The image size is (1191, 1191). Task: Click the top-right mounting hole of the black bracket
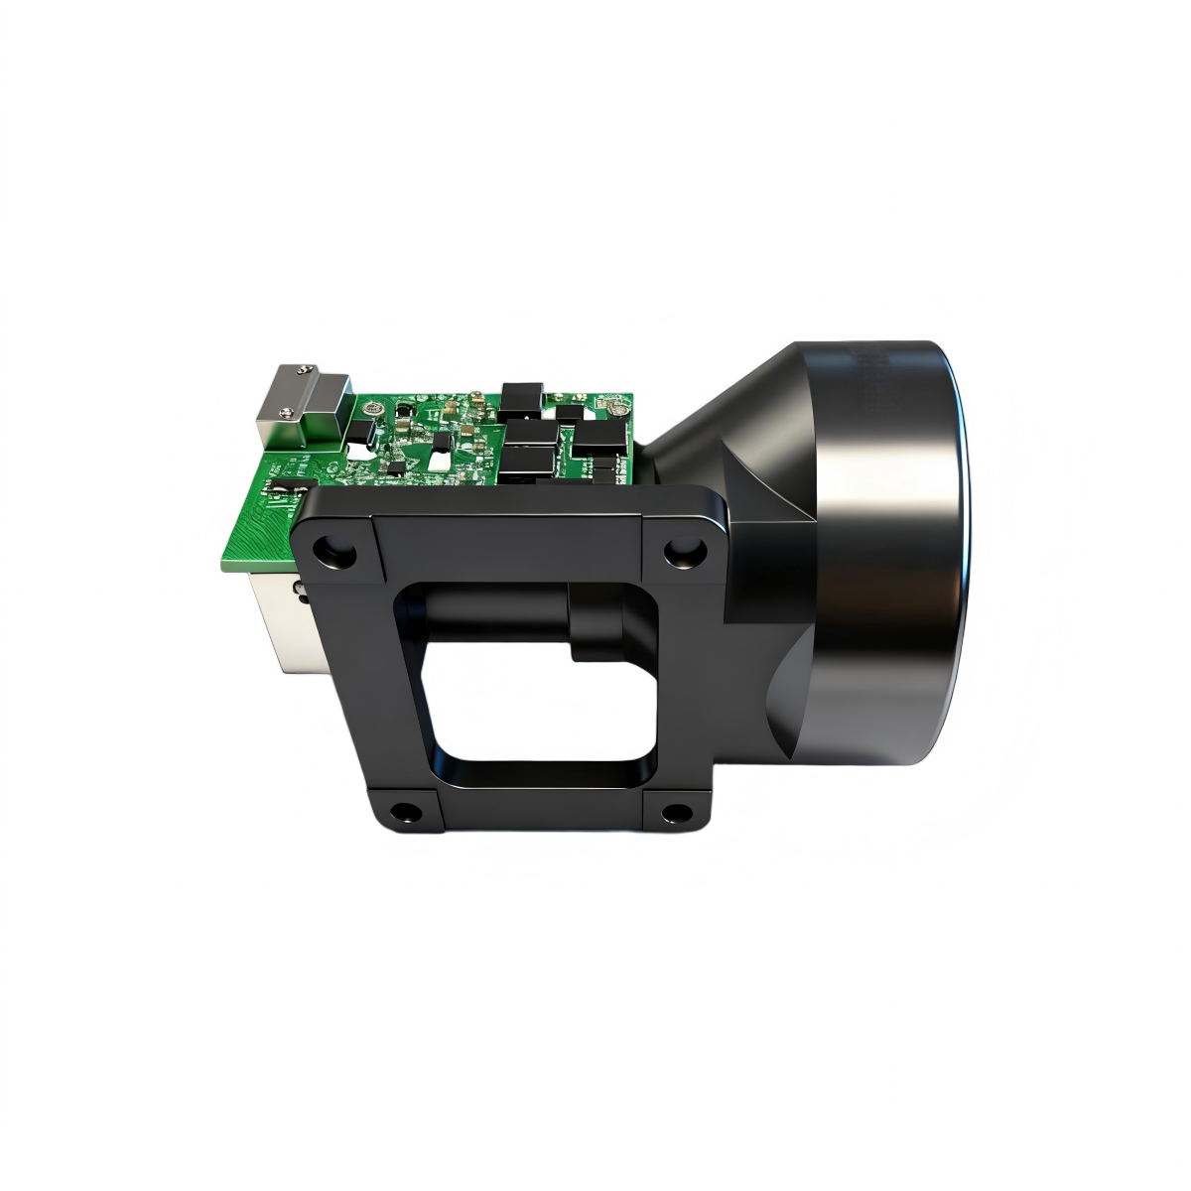[x=683, y=549]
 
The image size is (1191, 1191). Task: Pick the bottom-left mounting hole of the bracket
[x=405, y=812]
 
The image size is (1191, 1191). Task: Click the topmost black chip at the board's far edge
[x=521, y=396]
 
